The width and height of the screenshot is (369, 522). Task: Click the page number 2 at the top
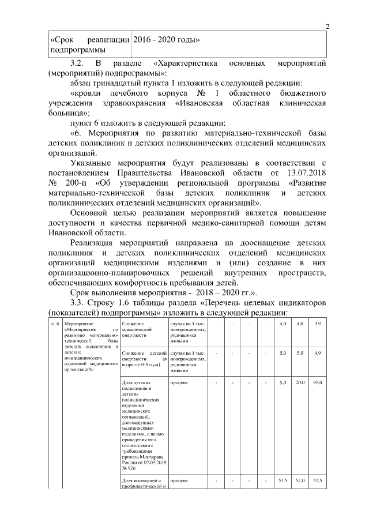(327, 27)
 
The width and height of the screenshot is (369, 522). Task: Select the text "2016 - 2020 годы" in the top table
(167, 40)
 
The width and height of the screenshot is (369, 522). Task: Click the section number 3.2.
(78, 62)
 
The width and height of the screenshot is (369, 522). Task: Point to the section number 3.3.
(78, 302)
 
